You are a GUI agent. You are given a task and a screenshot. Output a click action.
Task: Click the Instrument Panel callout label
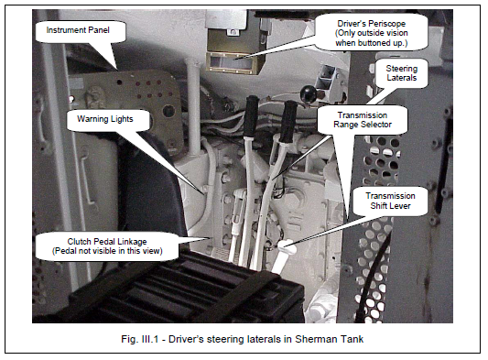point(78,30)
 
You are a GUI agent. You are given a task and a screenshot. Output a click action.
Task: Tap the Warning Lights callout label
point(105,119)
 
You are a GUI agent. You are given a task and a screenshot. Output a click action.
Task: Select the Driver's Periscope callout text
point(372,33)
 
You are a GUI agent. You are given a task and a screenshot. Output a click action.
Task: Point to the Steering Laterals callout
point(402,73)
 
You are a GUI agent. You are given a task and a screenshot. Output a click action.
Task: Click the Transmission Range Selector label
point(363,120)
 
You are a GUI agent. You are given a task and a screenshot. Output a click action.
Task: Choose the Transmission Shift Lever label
point(390,201)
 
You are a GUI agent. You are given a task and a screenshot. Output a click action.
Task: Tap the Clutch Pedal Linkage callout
point(107,246)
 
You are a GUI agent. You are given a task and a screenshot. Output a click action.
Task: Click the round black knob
point(309,93)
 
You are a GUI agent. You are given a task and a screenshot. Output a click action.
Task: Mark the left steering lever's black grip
point(251,115)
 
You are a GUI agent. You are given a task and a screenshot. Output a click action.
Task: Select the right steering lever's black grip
point(289,122)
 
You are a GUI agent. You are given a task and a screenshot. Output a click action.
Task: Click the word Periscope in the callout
point(388,24)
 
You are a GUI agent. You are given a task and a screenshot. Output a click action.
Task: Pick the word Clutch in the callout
point(79,242)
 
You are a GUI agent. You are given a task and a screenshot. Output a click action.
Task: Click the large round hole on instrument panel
point(168,111)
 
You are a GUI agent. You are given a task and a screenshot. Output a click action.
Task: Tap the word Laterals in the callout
point(402,78)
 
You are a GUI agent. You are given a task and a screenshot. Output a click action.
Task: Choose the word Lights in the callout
point(123,119)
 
